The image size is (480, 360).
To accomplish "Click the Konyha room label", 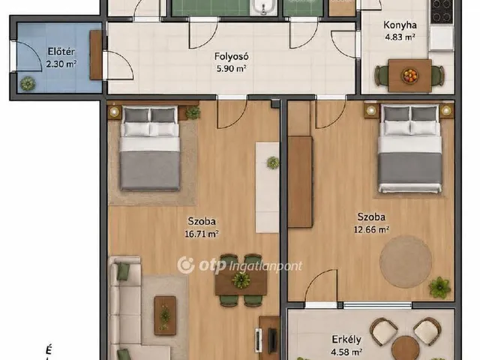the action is [400, 25].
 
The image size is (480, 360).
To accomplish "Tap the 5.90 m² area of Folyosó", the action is [232, 68].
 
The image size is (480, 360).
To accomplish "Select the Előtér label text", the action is [61, 51].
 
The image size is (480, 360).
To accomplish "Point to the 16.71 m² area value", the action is [202, 234].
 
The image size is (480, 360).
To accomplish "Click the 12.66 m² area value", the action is [371, 229].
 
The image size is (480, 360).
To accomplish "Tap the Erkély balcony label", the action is [346, 340].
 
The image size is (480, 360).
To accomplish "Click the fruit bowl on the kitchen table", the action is [410, 76].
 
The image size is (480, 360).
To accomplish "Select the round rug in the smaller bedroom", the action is [406, 262].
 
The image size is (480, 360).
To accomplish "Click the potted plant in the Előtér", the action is [28, 83].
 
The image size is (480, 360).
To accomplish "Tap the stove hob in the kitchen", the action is [442, 12].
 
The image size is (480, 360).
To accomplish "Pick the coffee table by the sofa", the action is [165, 315].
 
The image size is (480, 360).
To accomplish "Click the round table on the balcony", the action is [406, 348].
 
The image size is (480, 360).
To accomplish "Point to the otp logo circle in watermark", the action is [186, 265].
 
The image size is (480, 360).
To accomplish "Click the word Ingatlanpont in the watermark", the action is [265, 266].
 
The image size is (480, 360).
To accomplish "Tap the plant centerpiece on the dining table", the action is [241, 280].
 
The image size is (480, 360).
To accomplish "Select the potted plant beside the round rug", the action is [440, 287].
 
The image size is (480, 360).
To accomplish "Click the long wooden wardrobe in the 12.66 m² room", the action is [300, 182].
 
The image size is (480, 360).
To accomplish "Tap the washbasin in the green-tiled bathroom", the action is [262, 7].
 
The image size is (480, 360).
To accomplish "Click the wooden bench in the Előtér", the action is [95, 55].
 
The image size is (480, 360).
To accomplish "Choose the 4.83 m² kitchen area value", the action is [400, 37].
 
